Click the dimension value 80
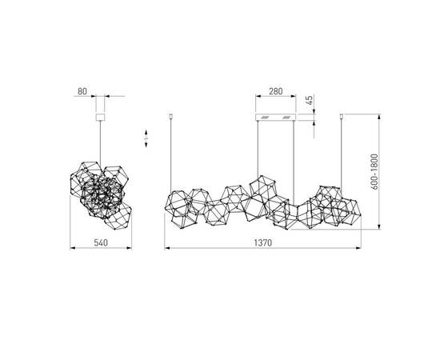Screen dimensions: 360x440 [x=82, y=90]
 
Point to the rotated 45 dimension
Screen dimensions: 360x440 [x=310, y=102]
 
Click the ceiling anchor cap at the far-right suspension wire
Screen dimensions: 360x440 [x=343, y=118]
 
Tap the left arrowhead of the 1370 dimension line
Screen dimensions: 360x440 [x=168, y=247]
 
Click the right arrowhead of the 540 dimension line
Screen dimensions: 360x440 [x=126, y=247]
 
